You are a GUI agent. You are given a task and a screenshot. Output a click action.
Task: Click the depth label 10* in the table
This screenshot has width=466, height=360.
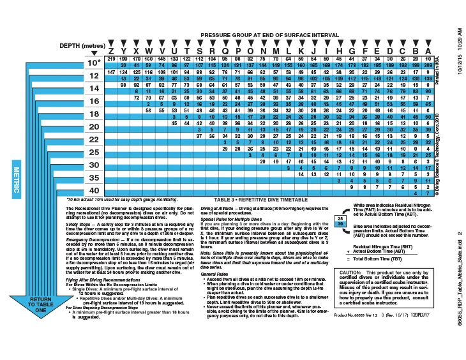pos(94,63)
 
